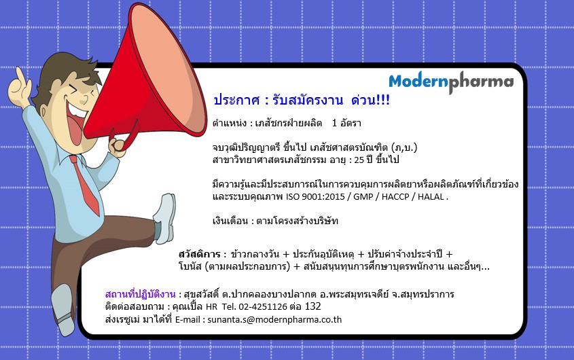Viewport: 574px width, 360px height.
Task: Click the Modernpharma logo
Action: [x=451, y=82]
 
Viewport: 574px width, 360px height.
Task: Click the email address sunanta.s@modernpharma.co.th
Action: [x=274, y=320]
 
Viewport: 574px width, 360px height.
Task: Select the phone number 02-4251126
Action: [x=263, y=306]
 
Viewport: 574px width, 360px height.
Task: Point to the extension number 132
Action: [x=312, y=306]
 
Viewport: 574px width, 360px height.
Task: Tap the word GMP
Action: [x=363, y=197]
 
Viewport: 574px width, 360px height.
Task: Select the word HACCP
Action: [x=395, y=197]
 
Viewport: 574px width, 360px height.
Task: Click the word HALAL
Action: [x=431, y=197]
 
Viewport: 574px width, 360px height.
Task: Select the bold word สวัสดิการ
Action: [x=200, y=254]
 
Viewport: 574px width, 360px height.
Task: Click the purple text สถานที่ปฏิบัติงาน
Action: [x=140, y=294]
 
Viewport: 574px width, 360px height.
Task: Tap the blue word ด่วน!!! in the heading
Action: [x=370, y=100]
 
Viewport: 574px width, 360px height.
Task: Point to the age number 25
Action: [x=359, y=160]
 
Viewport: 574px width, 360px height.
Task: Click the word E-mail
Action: [x=187, y=320]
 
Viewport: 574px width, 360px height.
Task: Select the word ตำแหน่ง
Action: [x=229, y=123]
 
